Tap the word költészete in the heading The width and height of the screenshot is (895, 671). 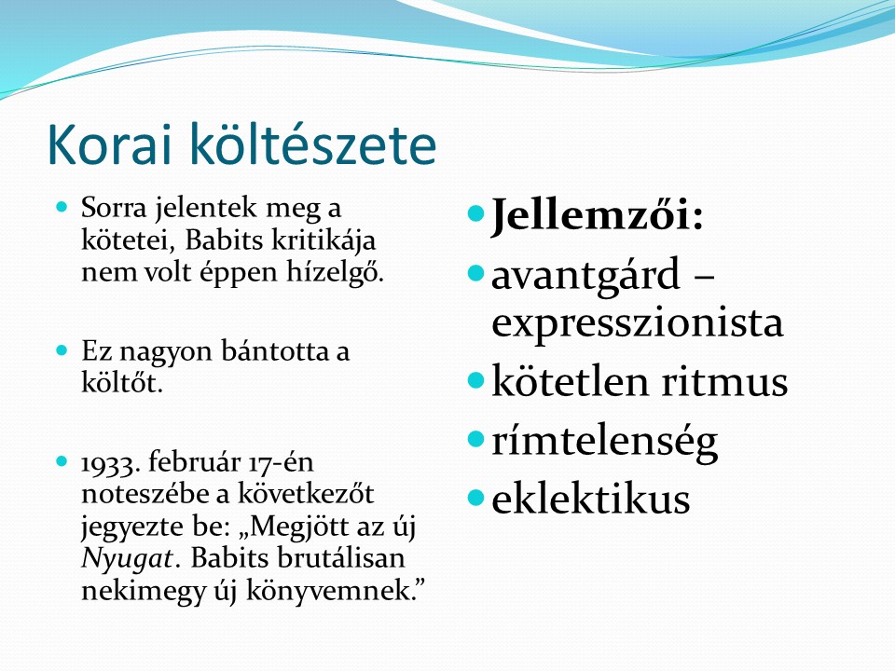(313, 144)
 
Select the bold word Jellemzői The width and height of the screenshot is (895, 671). (591, 216)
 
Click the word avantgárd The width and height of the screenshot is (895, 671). (585, 274)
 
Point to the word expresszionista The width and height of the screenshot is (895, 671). (637, 323)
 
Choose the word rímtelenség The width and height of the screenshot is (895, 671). (604, 442)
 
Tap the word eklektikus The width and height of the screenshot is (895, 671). (591, 498)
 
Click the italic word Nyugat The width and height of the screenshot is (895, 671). (127, 558)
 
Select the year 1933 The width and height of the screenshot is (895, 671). (110, 463)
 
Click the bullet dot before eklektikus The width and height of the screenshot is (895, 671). (475, 498)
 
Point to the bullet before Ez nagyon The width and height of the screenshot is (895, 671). (62, 349)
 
